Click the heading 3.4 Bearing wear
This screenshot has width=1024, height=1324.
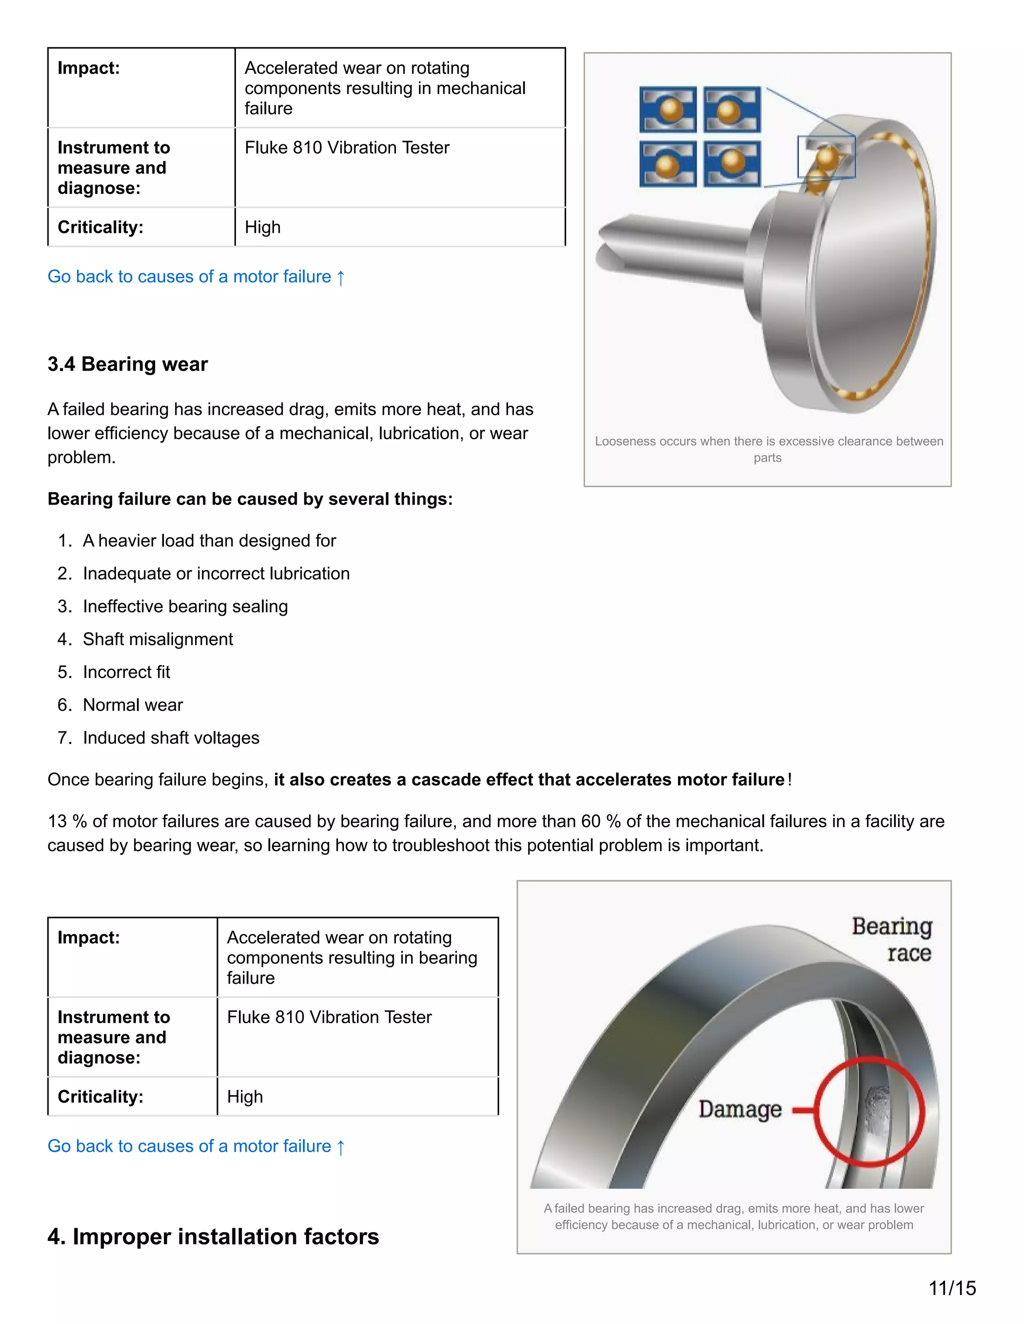coord(127,364)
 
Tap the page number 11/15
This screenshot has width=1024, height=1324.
coord(952,1288)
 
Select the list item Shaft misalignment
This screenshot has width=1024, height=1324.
coord(157,639)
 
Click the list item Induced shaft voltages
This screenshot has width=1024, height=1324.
coord(170,738)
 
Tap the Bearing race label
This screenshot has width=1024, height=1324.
coord(892,939)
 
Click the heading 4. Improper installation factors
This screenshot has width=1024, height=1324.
coord(213,1236)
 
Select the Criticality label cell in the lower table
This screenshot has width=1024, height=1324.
coord(100,1096)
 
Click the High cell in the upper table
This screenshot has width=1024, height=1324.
coord(262,227)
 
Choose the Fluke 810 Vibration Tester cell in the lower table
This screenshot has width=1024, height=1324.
coord(329,1017)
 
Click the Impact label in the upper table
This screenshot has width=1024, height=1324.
coord(88,68)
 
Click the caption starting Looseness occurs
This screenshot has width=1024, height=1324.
coord(768,449)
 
